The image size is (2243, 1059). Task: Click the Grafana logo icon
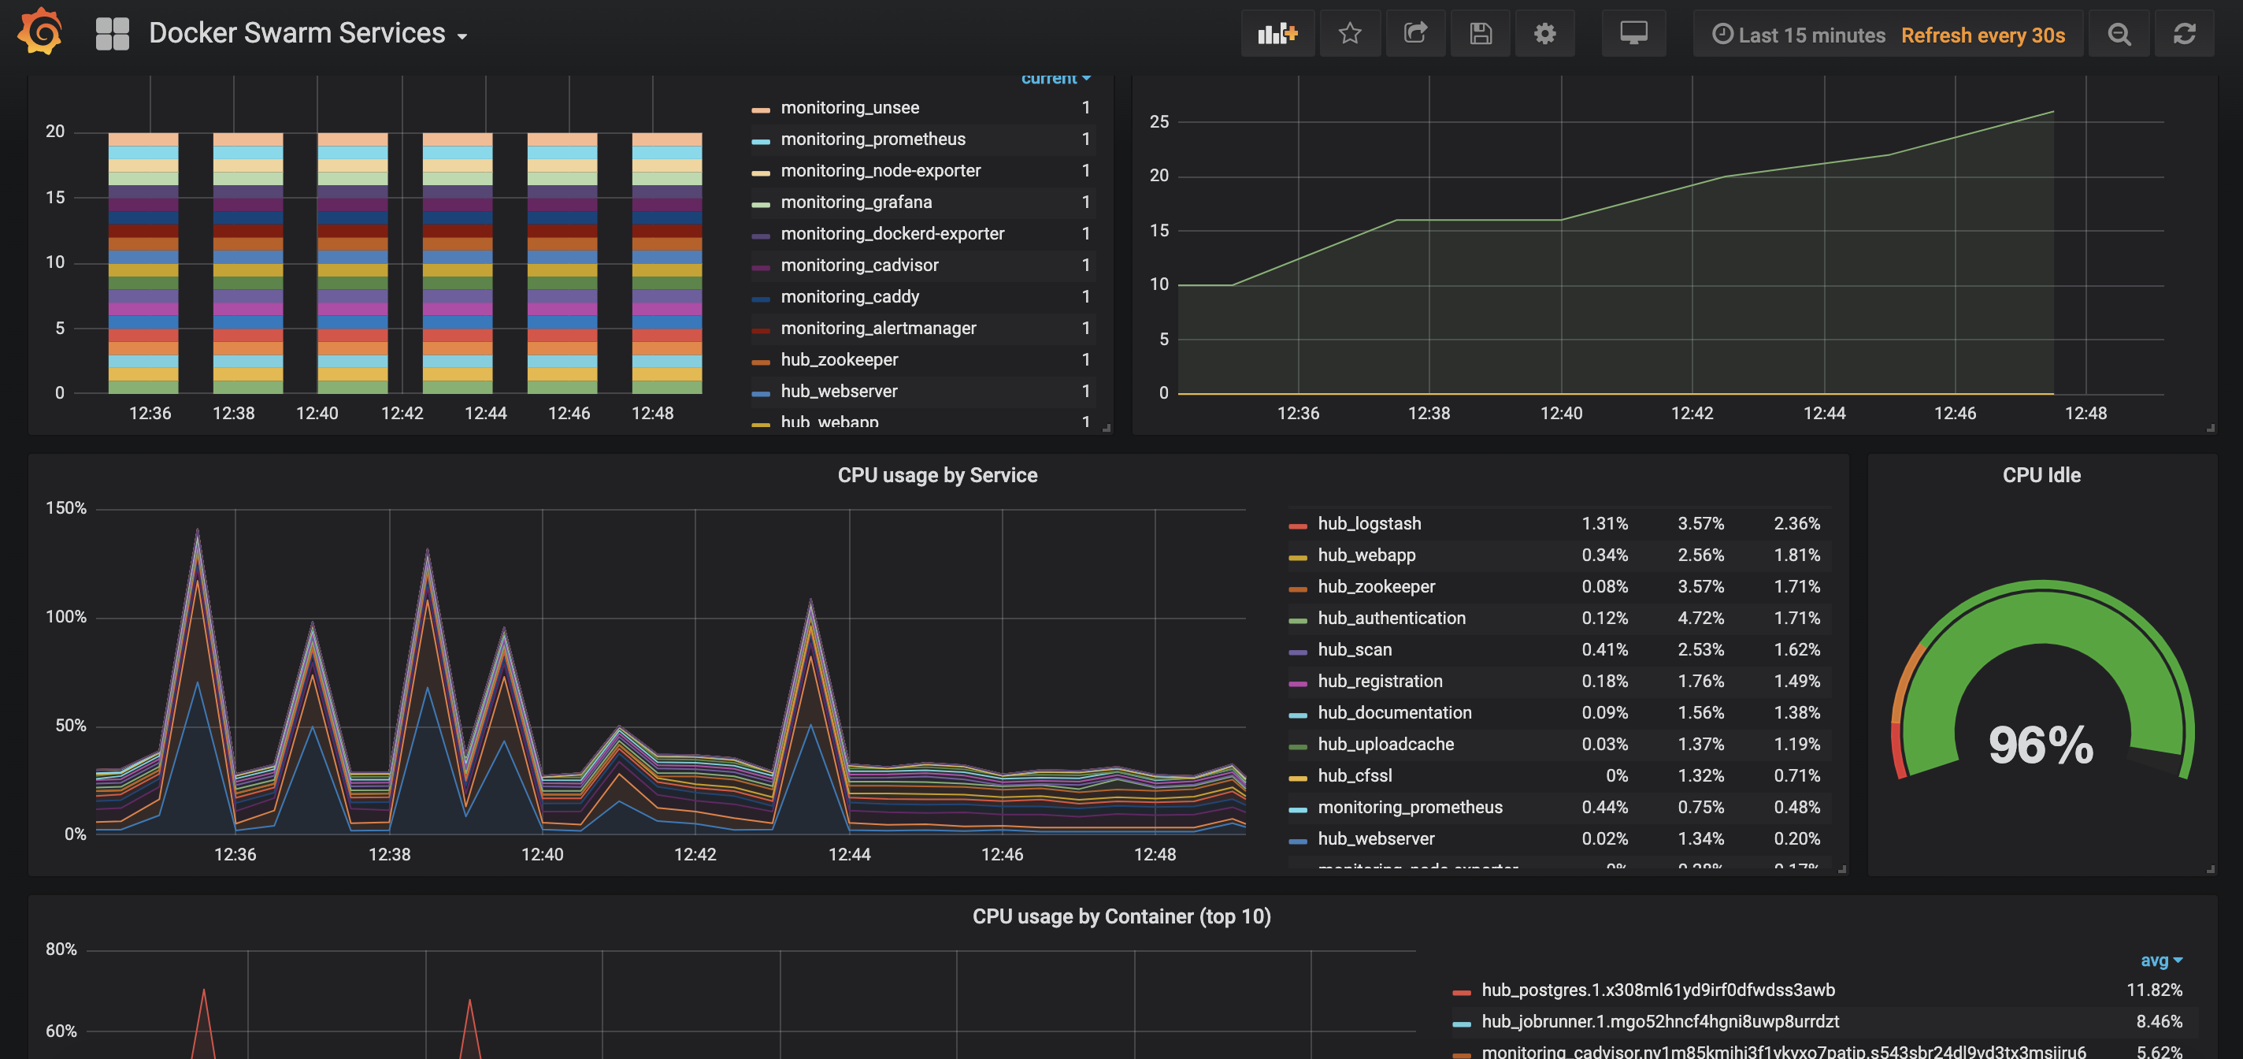(x=40, y=32)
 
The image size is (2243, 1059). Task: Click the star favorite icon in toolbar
(x=1349, y=34)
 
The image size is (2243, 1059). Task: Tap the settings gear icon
(x=1544, y=34)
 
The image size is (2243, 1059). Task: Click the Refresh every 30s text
(x=1982, y=35)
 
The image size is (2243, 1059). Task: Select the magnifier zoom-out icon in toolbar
(x=2119, y=34)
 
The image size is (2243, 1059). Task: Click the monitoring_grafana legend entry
(x=855, y=202)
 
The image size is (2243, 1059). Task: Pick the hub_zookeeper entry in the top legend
(x=839, y=359)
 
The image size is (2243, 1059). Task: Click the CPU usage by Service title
(x=937, y=475)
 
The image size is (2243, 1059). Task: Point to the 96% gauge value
(x=2040, y=745)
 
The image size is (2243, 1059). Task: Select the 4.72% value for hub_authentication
(x=1700, y=619)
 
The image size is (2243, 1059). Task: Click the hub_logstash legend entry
(x=1368, y=523)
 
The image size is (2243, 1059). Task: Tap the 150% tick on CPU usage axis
(x=66, y=507)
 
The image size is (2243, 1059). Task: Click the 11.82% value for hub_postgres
(x=2153, y=990)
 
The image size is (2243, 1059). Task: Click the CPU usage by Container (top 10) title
(x=1121, y=917)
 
